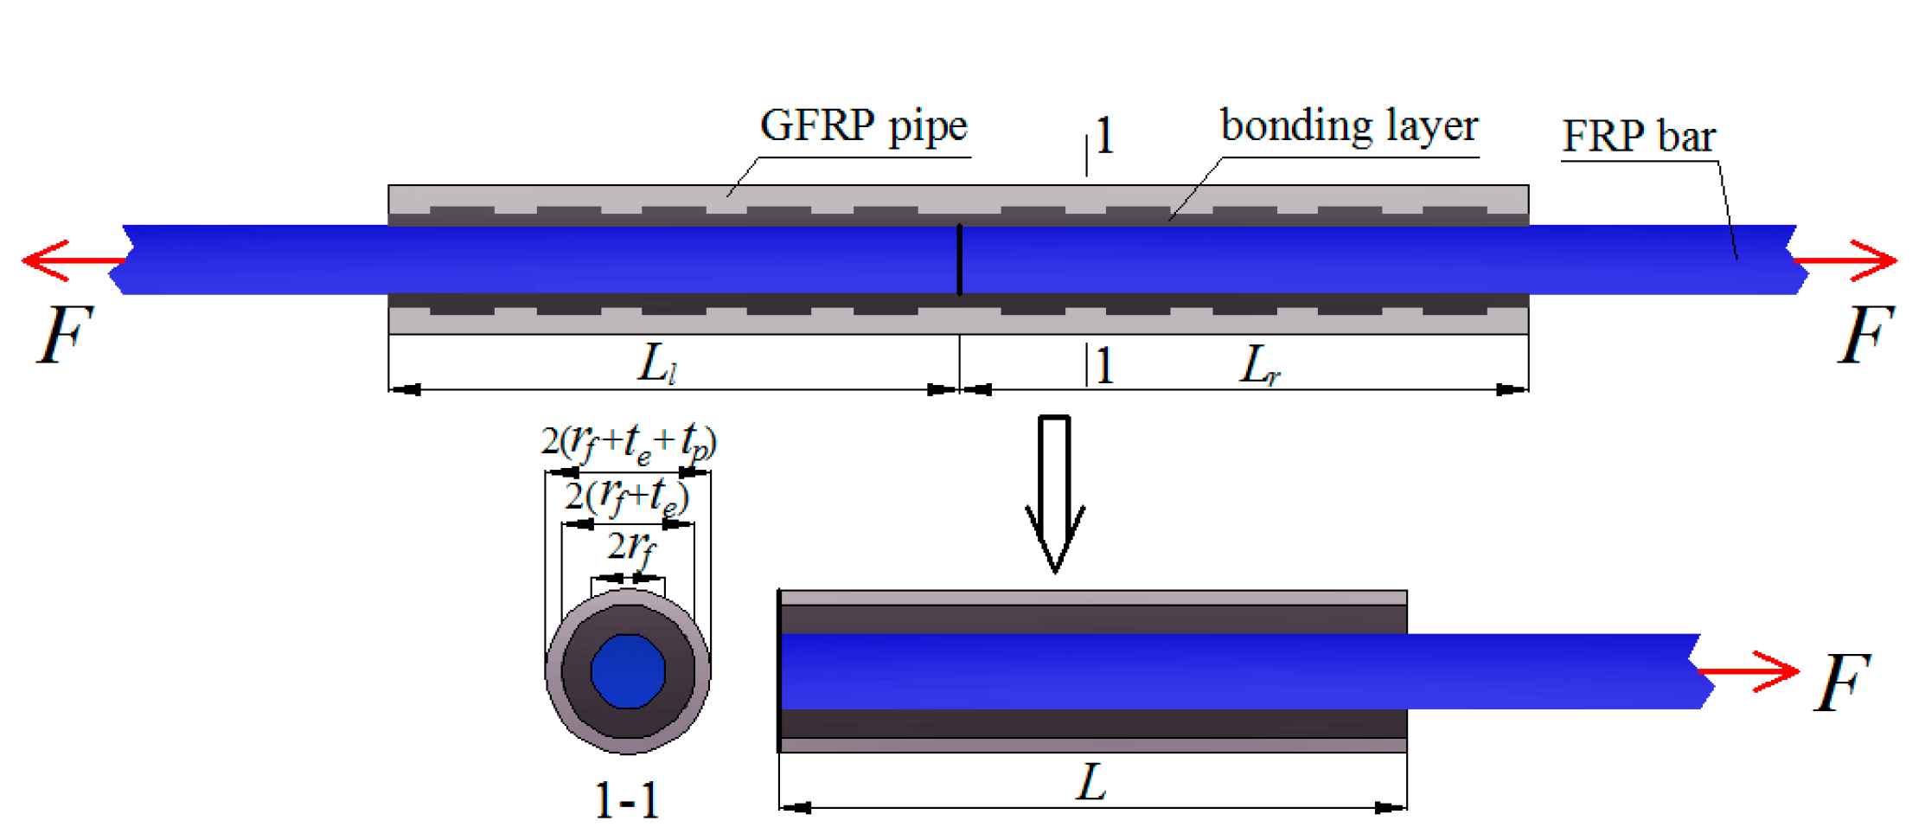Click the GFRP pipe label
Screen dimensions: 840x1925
coord(863,126)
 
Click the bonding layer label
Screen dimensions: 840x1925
coord(1349,126)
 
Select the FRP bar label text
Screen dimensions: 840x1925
coord(1638,137)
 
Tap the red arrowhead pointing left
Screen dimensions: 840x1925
coord(45,260)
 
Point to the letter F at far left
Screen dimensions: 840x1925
coord(63,336)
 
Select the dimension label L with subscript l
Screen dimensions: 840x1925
coord(657,363)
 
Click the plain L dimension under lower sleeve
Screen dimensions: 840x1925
coord(1091,782)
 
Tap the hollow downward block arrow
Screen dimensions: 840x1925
coord(1055,493)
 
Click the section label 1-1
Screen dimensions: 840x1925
coord(627,801)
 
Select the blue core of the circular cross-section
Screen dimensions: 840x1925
coord(628,671)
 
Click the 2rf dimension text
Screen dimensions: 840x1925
coord(631,548)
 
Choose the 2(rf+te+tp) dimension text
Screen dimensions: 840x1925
coord(629,442)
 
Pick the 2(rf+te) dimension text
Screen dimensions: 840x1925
coord(627,497)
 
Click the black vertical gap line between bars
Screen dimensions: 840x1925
coord(959,260)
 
